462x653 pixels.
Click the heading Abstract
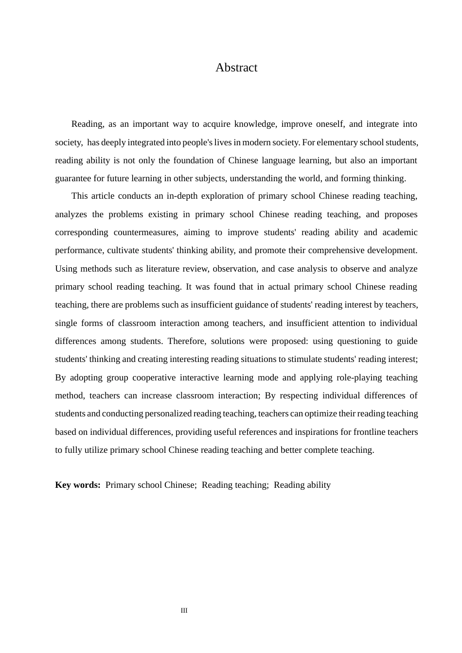tap(236, 68)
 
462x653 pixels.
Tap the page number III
tap(184, 610)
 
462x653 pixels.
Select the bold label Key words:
tap(78, 485)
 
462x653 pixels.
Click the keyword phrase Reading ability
tap(302, 485)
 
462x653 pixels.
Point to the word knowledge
tap(255, 124)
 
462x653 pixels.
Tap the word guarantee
tap(73, 178)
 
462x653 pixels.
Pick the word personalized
tap(168, 413)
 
